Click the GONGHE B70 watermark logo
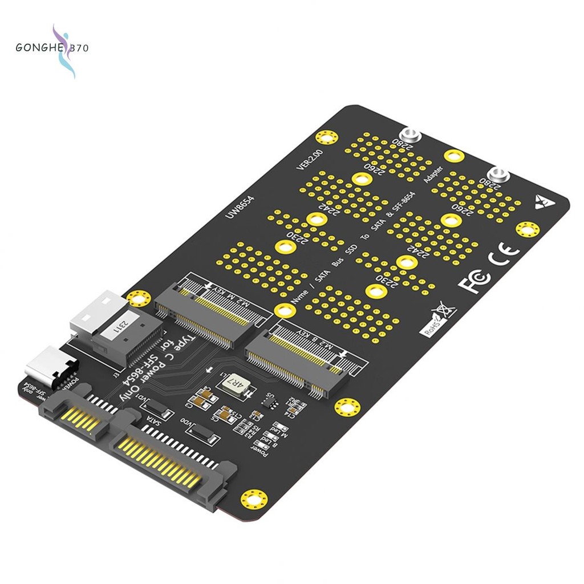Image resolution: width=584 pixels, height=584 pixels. (x=52, y=49)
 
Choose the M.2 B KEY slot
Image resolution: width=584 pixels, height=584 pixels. (x=296, y=359)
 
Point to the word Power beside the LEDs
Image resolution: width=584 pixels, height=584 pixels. (x=263, y=451)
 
